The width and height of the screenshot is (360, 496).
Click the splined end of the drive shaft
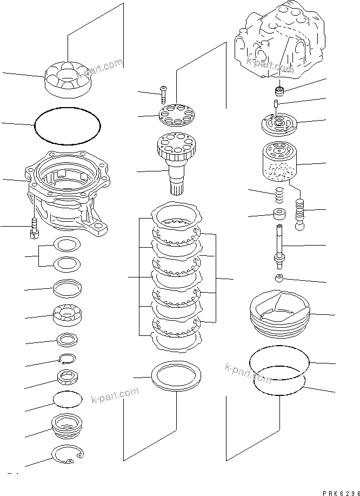coord(178,187)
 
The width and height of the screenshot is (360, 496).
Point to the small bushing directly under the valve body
coord(281,90)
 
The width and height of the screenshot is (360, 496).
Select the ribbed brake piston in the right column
coord(279,313)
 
